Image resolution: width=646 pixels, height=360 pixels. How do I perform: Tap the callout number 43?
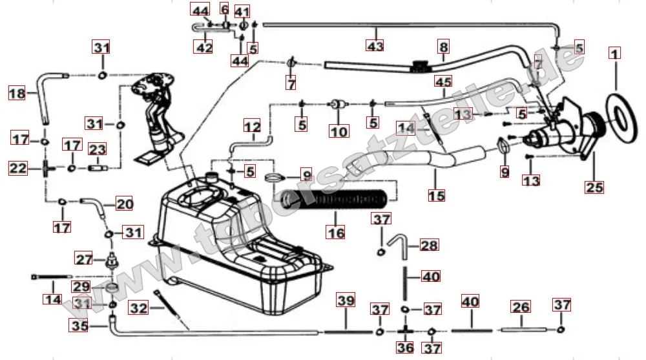coord(375,46)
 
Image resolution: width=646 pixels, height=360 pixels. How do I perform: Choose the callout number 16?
coord(336,233)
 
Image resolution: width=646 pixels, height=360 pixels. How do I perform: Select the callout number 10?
coord(339,132)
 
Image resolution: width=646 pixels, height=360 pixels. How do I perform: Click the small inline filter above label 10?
coord(337,104)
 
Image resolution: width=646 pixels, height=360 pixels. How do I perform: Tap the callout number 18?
coord(17,94)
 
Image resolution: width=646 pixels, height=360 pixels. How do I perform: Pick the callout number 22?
coord(17,169)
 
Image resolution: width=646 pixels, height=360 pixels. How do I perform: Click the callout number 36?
coord(405,348)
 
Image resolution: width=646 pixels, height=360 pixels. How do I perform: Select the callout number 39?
coord(346,301)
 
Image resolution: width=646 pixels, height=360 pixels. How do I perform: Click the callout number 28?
coord(430,245)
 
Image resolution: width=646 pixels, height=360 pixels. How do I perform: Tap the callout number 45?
coord(443,82)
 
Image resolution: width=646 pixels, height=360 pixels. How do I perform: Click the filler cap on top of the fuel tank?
coord(211,176)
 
